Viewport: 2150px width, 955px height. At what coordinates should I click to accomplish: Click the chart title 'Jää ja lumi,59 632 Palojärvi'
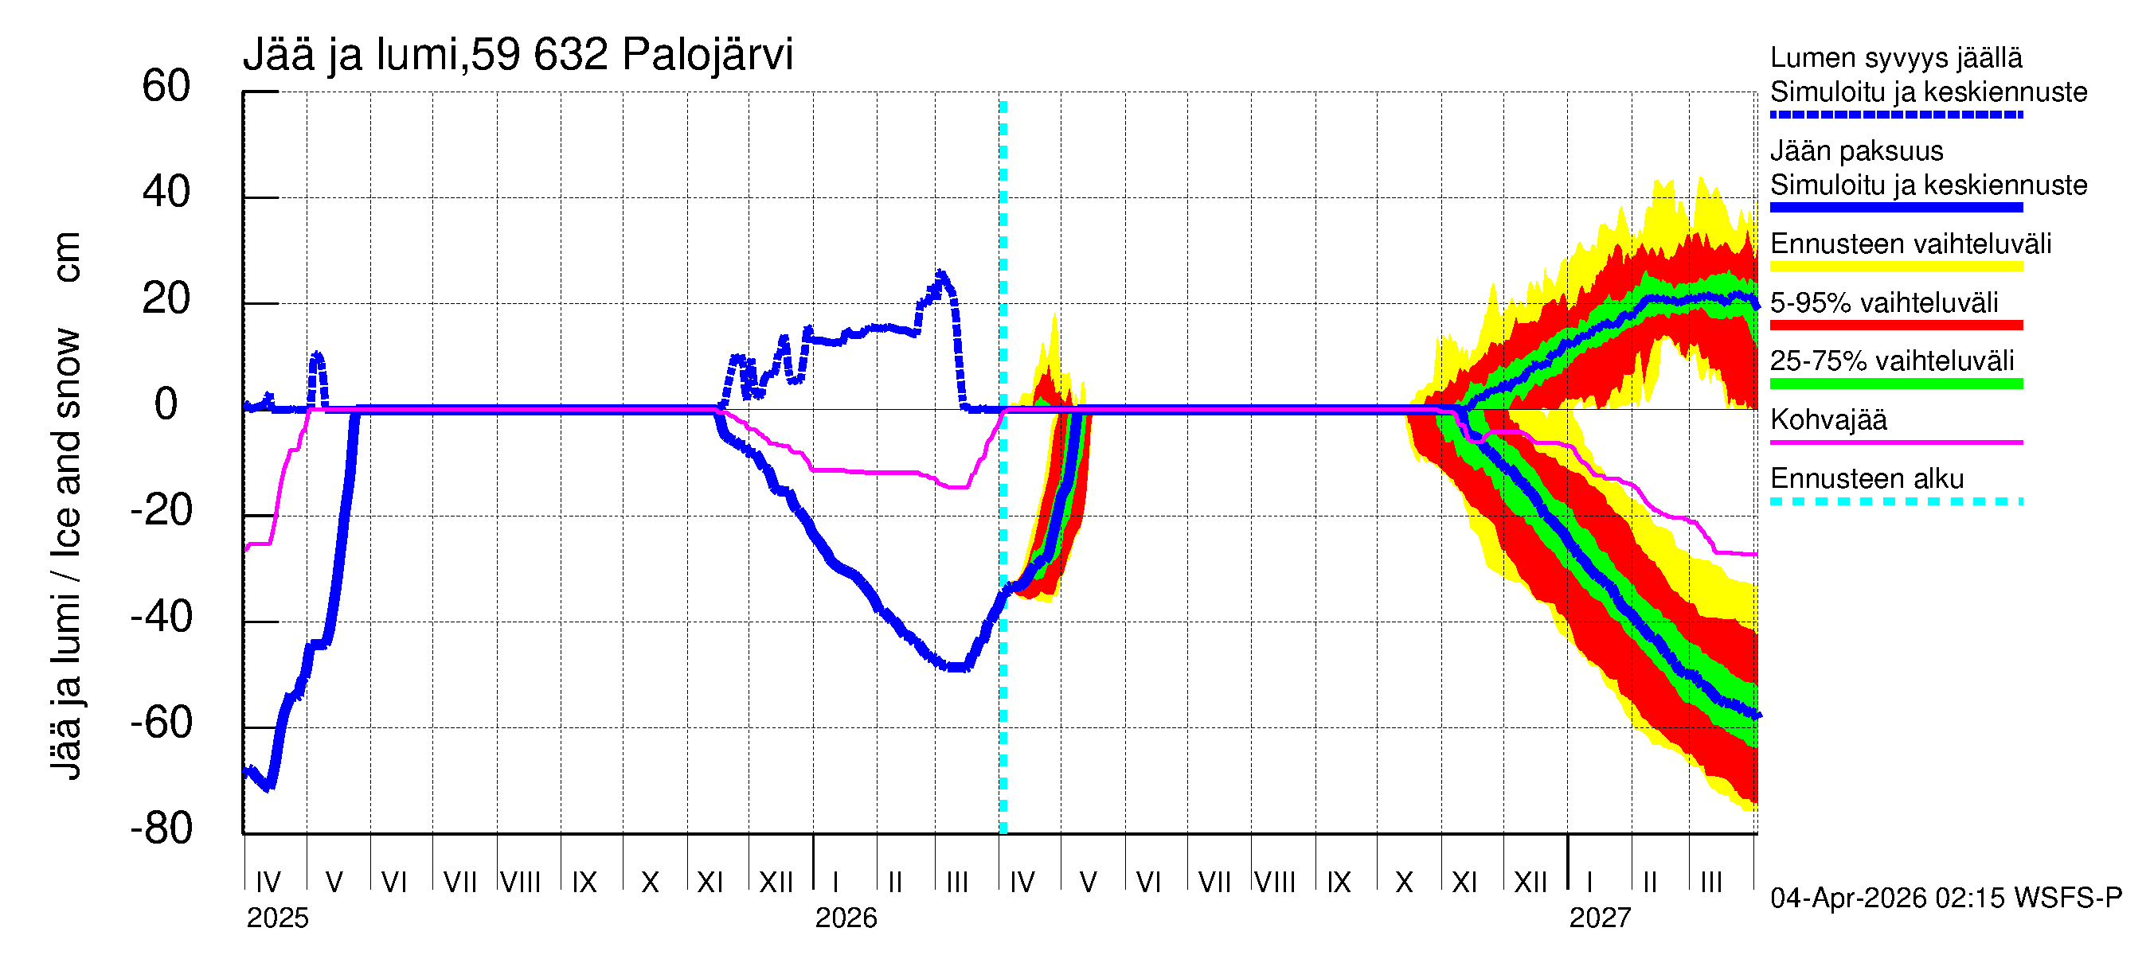pos(518,55)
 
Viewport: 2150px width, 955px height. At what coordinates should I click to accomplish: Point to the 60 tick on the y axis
pos(166,87)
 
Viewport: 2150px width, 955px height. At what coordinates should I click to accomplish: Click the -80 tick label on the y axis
pos(161,829)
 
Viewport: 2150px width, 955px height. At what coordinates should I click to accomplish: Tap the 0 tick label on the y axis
pos(166,404)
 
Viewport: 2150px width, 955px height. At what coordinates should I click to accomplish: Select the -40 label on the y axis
pos(161,618)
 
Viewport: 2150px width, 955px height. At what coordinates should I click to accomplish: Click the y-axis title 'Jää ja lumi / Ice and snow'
pos(66,555)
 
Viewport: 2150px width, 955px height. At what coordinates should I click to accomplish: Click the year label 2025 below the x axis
pos(277,918)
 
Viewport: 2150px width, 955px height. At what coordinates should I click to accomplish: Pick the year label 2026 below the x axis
pos(846,918)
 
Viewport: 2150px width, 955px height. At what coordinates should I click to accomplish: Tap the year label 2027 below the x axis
pos(1599,918)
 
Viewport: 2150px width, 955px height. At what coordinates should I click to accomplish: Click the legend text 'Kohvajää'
pos(1827,419)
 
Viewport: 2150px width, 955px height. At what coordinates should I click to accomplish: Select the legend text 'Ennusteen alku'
pos(1867,479)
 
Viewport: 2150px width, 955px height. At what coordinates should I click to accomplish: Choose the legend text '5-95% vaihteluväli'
pos(1884,302)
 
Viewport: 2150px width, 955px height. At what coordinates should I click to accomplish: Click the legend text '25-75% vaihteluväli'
pos(1891,361)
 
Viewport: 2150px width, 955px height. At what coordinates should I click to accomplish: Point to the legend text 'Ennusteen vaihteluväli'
pos(1910,244)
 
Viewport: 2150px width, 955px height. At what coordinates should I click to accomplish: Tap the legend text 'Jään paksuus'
pos(1856,151)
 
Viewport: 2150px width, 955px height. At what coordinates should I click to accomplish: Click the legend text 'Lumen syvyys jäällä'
pos(1895,57)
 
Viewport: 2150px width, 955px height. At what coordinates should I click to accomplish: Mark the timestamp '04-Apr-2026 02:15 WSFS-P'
pos(1945,898)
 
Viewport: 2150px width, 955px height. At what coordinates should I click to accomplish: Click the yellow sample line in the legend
pos(1895,267)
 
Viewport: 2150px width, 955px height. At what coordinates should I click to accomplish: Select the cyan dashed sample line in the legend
pos(1895,502)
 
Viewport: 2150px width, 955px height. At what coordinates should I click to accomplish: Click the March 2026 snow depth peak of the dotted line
pos(941,274)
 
